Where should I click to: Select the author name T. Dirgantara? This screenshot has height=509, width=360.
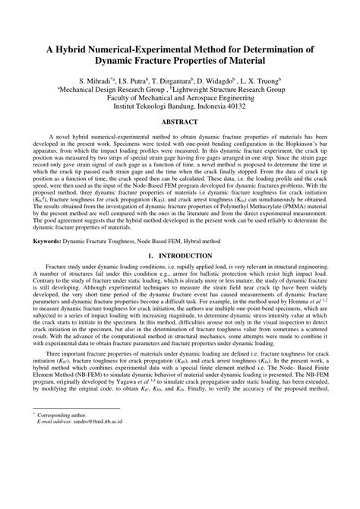pos(159,80)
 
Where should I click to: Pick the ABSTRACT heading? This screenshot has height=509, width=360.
pos(180,122)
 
